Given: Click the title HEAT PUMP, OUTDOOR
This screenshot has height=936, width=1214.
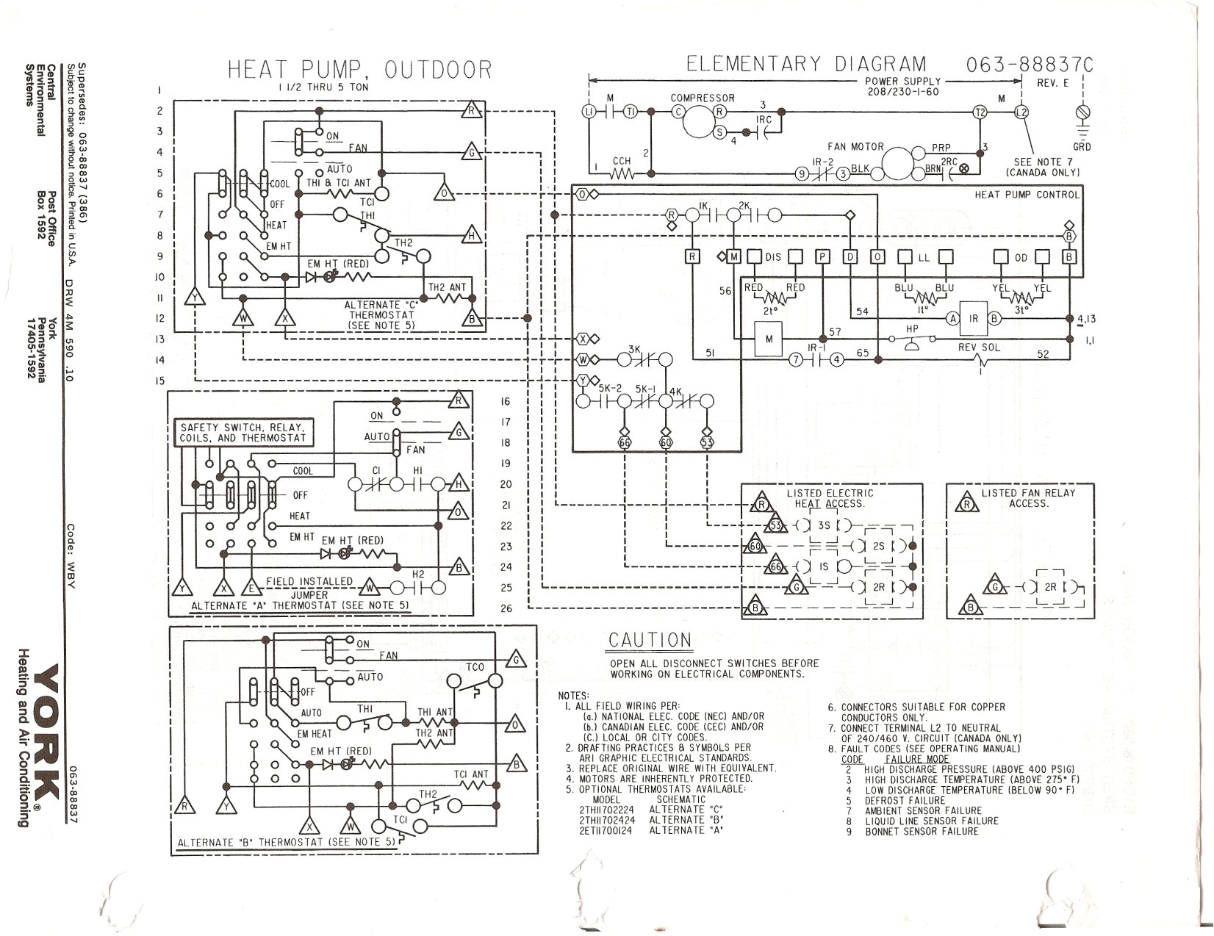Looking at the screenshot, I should [359, 70].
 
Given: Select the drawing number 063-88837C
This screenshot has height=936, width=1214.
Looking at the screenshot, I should [1029, 65].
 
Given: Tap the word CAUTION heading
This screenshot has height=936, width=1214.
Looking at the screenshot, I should [650, 641].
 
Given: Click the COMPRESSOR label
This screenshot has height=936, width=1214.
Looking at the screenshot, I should [702, 98].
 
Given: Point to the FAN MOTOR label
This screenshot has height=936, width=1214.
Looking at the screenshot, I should [855, 147].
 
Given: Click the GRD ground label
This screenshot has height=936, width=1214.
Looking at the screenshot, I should [1082, 147].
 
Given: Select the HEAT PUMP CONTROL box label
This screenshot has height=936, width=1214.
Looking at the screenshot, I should [1027, 195].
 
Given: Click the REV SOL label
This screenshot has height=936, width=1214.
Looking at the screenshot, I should [979, 348].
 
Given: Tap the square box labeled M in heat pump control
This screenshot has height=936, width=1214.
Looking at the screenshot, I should [769, 339].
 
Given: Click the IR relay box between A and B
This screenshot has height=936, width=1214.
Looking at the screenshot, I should [974, 318].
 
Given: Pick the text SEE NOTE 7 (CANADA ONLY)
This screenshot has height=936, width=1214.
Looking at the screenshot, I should [1043, 167].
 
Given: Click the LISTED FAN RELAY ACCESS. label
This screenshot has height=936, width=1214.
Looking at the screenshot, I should [1027, 497].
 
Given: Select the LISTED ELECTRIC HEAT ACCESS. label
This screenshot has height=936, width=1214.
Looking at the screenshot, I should [830, 498].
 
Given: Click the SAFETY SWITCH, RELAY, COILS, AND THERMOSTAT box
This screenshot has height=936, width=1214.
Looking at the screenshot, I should [243, 432].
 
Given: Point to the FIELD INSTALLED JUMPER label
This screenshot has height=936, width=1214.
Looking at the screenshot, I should [309, 587].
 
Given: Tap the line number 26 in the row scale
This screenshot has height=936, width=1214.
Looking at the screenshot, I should [506, 608].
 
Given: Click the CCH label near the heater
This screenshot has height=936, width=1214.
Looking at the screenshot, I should [622, 161].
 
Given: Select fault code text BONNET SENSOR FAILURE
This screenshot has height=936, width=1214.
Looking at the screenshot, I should [922, 831].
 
